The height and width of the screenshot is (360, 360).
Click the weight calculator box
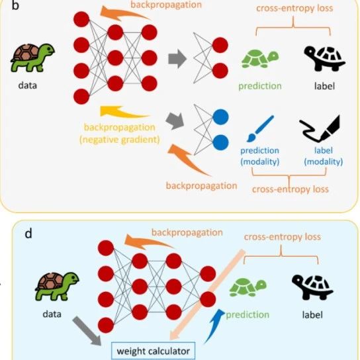153,351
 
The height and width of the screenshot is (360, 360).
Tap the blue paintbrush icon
260,128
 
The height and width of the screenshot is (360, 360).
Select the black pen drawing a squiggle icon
320,128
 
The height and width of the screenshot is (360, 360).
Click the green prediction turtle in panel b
260,59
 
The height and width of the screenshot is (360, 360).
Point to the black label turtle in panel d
312,287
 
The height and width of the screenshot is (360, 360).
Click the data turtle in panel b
32,58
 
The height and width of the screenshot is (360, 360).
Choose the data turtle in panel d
57,286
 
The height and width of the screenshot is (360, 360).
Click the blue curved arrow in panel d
214,326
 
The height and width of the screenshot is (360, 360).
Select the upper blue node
220,117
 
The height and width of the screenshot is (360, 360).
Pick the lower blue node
220,142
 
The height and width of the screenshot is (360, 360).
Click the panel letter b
15,5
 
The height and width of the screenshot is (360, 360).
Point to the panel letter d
28,233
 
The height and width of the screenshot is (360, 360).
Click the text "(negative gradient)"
120,140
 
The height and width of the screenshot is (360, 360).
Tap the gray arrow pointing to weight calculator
87,331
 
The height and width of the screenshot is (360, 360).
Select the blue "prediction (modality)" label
259,156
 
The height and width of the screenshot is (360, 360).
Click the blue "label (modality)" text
323,156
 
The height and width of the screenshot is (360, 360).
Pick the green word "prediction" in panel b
260,86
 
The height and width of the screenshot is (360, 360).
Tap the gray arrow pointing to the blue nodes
175,120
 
